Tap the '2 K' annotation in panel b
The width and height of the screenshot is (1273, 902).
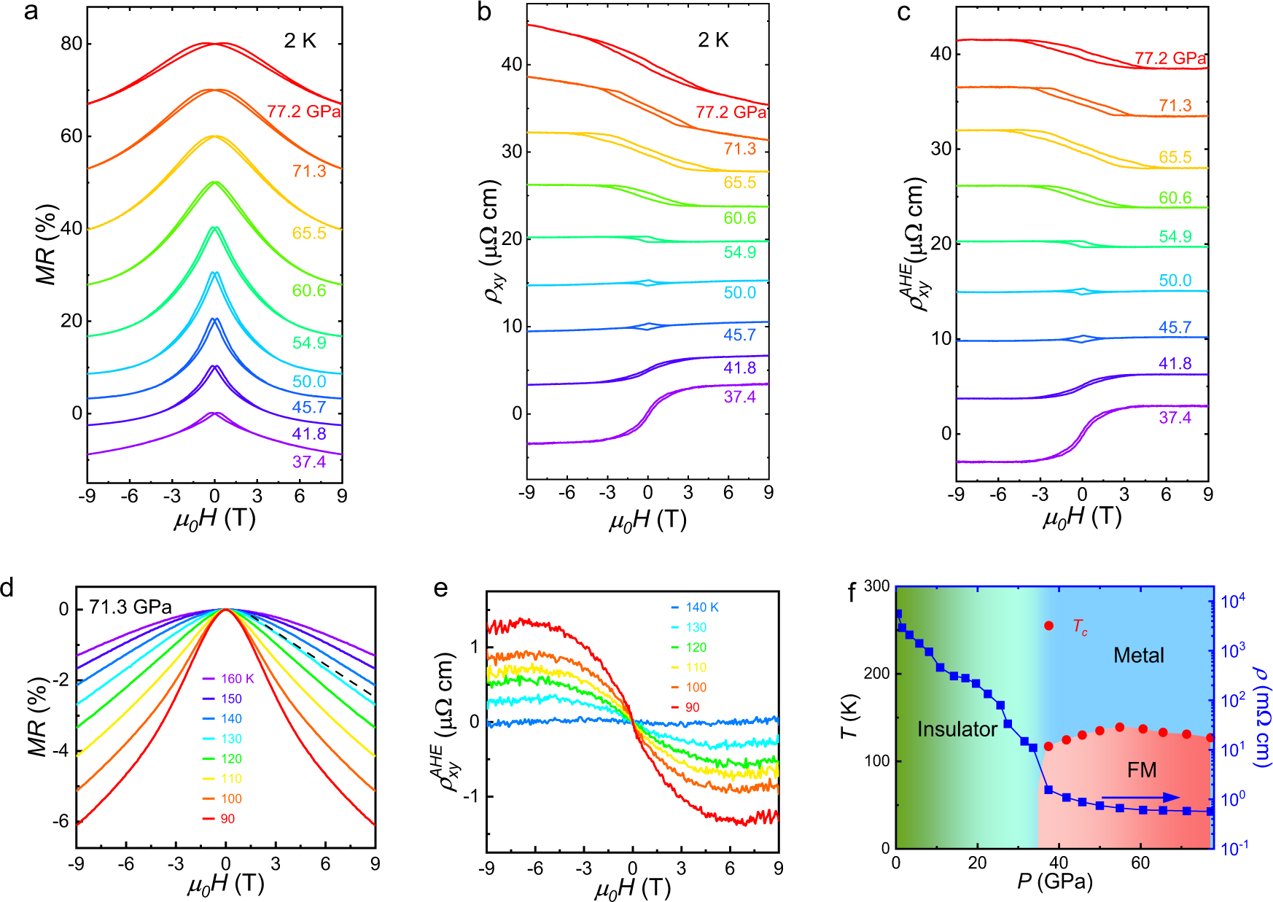[x=712, y=40]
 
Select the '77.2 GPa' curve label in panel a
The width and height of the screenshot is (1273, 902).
[x=303, y=112]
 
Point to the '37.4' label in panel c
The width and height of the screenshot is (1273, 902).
[x=1175, y=418]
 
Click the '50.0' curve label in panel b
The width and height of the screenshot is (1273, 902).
[x=739, y=292]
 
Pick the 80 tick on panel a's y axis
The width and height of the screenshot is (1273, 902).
[x=71, y=44]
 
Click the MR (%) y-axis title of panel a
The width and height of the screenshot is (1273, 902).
[x=46, y=244]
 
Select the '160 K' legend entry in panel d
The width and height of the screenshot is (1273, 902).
[x=237, y=679]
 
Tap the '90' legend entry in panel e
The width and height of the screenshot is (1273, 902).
[x=692, y=707]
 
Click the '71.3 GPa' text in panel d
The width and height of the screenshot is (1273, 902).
[x=131, y=607]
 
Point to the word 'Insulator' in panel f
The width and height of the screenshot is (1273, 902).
[x=957, y=729]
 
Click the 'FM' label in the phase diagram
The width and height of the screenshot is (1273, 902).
[x=1141, y=770]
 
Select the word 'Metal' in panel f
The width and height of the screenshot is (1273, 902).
[x=1138, y=656]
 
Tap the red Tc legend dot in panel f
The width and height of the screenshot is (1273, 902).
[x=1048, y=626]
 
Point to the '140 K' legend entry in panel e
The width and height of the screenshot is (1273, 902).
[x=701, y=607]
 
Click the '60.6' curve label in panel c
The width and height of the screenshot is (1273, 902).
[x=1175, y=198]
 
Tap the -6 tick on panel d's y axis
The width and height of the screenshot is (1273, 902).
[x=61, y=822]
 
